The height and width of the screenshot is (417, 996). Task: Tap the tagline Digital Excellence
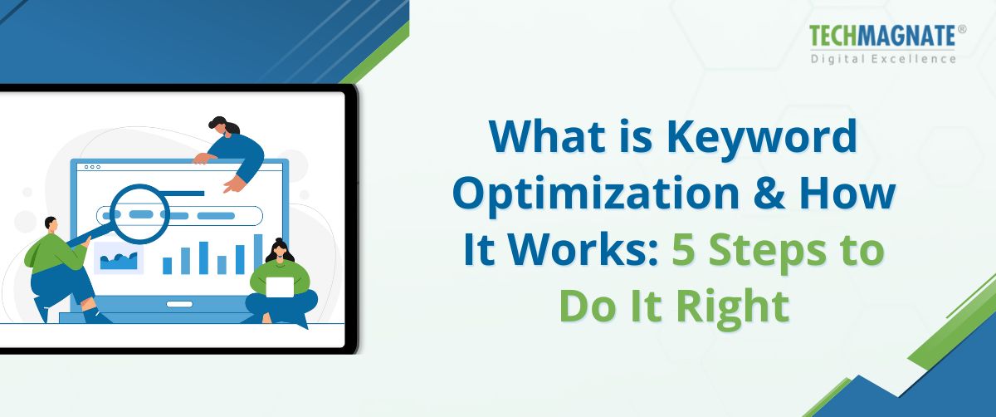coord(883,59)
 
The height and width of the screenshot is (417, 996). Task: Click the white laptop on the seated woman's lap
coord(280,287)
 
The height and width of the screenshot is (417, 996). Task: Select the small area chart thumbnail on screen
coord(118,258)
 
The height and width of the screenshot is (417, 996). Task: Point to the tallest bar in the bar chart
coord(258,253)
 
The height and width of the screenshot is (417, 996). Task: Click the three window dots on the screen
coord(90,167)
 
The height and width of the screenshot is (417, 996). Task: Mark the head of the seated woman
coord(280,248)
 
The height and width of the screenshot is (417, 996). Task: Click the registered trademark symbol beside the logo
coord(962,29)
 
